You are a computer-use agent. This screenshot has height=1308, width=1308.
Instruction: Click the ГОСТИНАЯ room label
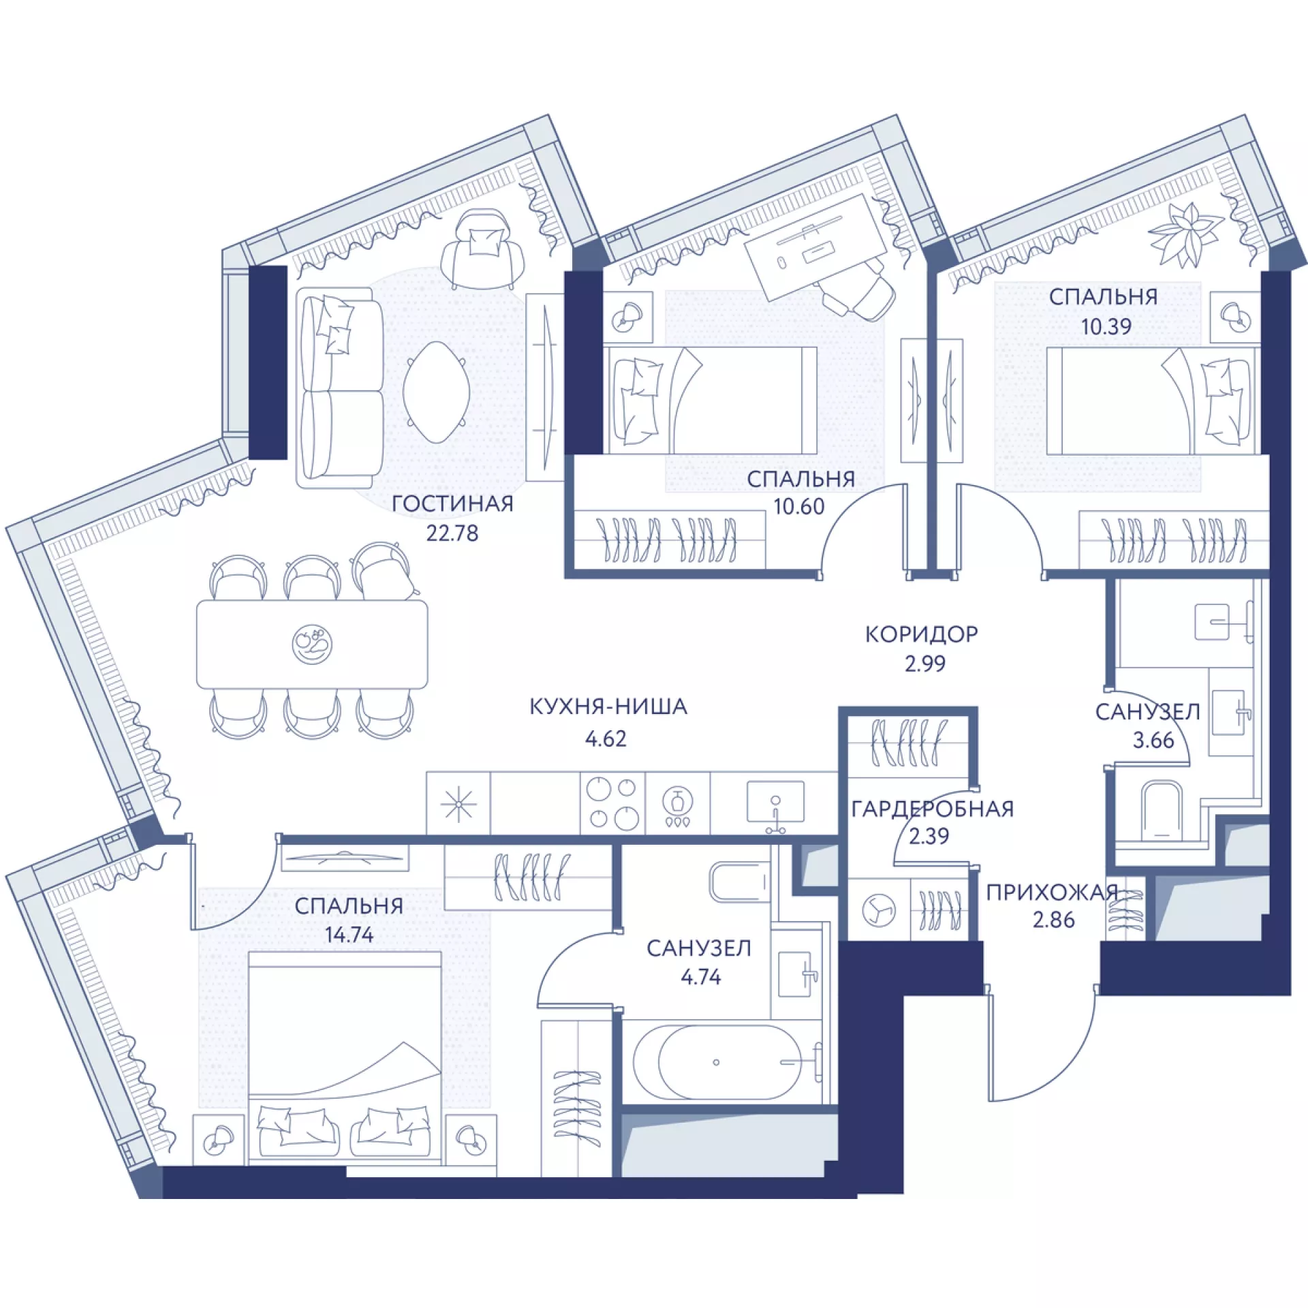coord(452,504)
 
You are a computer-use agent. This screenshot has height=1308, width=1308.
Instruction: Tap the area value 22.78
coord(452,533)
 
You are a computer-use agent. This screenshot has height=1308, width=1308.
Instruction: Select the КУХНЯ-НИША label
coord(608,707)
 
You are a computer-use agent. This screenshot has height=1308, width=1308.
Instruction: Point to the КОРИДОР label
coord(922,634)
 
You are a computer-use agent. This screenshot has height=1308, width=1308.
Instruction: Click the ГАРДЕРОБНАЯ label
coord(933,809)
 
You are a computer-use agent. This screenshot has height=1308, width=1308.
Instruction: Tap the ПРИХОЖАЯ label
coord(1053,892)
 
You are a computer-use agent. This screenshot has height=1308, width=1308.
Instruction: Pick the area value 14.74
coord(349,935)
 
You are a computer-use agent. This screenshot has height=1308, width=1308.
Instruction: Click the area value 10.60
coord(798,507)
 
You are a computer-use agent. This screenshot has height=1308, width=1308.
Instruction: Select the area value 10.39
coord(1106,326)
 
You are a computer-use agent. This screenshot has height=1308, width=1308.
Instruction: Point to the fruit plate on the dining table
coord(312,644)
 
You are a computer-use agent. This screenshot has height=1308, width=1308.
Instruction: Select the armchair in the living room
coord(482,249)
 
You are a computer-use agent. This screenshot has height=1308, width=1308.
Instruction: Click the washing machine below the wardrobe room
coord(879,910)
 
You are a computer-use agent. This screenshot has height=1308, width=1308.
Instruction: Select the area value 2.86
coord(1053,920)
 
